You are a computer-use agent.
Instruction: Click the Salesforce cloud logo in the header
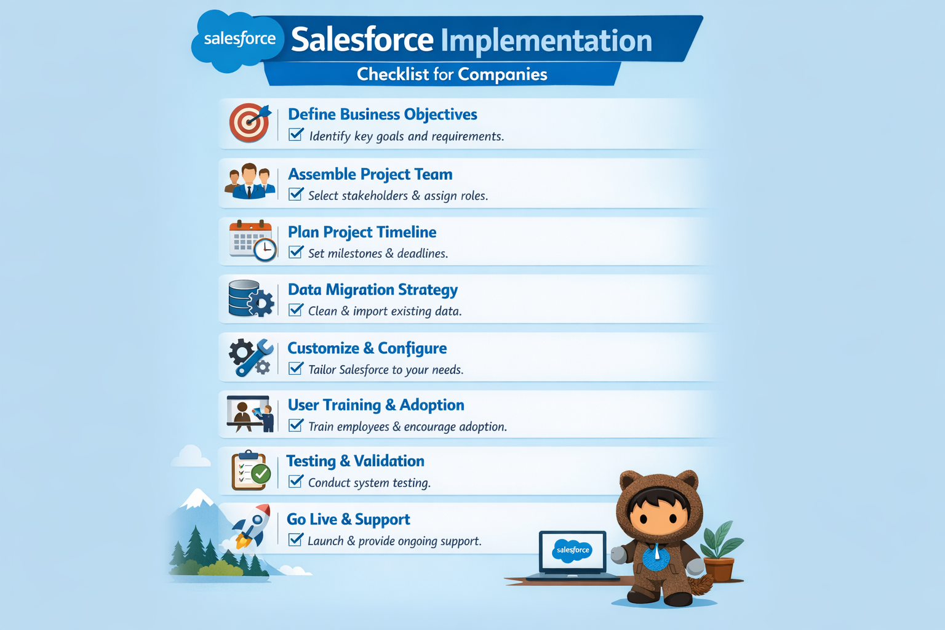pos(239,39)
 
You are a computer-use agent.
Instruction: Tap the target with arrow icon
pos(249,122)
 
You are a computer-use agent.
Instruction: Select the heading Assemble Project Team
pos(370,174)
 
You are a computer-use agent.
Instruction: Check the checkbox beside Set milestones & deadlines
pos(296,252)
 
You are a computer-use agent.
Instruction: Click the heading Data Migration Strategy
pos(372,290)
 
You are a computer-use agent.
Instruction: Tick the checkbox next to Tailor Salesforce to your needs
pos(296,369)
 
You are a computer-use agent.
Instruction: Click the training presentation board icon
pos(250,413)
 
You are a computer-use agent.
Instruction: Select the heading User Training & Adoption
pos(375,405)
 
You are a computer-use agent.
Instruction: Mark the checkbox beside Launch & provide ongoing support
pos(296,540)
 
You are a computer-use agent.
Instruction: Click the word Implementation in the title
pos(546,41)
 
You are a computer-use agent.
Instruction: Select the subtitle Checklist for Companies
pos(452,74)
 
